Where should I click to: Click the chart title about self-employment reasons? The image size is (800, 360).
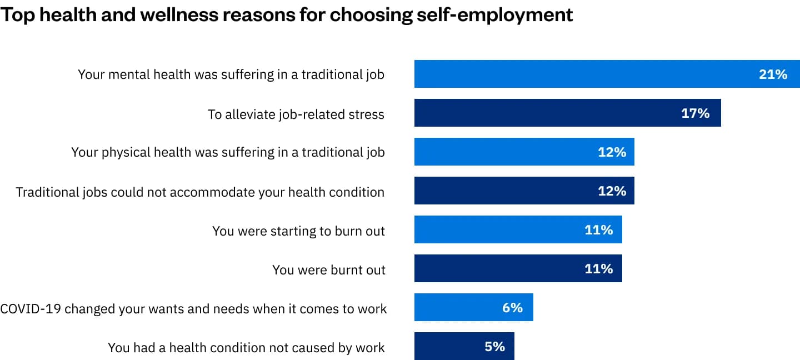pos(286,15)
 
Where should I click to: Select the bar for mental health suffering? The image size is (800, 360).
pos(583,74)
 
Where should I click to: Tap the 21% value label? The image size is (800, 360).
pos(773,74)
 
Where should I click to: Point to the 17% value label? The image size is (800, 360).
pos(695,113)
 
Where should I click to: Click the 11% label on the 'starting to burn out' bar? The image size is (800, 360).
pos(598,230)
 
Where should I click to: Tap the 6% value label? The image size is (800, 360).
pos(512,308)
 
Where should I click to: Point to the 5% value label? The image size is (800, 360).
pos(494,347)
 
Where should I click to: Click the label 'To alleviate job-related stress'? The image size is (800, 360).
pos(296,114)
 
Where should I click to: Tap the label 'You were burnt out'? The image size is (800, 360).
pos(328,270)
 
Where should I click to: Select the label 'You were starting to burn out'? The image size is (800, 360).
pos(298,231)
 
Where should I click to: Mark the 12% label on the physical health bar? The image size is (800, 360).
pos(612,152)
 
